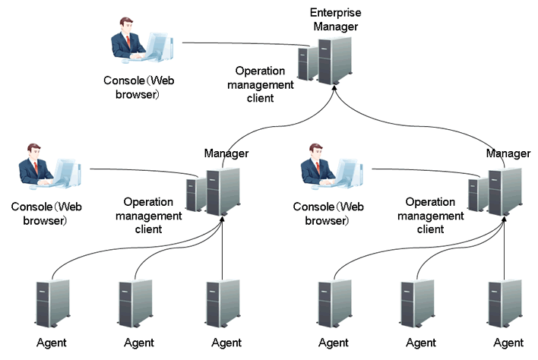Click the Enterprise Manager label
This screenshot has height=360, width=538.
point(334,20)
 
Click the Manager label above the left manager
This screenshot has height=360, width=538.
point(226,154)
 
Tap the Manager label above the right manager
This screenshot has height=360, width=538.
point(508,154)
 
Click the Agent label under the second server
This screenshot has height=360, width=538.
point(139,343)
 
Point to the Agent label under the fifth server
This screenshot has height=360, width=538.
point(421,343)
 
